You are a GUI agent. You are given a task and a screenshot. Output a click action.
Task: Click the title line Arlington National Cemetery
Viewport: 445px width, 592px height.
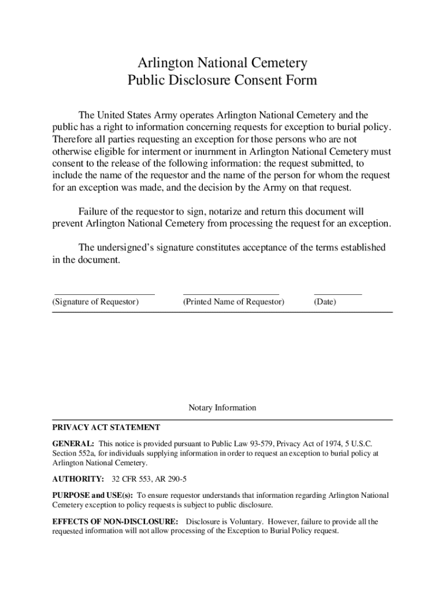point(222,62)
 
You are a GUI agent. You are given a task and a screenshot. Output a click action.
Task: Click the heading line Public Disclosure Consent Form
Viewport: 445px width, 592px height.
point(222,80)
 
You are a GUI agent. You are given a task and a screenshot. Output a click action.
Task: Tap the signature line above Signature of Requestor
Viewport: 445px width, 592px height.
point(104,295)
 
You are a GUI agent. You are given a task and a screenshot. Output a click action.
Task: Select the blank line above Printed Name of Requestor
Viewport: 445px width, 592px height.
point(231,295)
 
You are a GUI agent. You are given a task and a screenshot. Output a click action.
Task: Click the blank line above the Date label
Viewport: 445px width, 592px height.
point(338,295)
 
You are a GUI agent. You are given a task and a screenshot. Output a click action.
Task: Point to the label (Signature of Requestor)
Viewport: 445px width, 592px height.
point(95,302)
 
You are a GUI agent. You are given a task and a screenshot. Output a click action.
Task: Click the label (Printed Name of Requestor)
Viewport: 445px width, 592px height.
point(233,302)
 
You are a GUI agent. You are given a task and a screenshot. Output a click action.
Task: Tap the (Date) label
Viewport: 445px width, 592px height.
point(325,302)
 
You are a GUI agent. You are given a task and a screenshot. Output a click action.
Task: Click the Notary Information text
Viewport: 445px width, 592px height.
point(222,408)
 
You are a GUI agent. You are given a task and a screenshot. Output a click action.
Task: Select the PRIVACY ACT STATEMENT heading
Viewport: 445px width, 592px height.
point(106,428)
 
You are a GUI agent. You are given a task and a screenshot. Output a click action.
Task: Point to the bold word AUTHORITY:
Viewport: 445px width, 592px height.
point(78,480)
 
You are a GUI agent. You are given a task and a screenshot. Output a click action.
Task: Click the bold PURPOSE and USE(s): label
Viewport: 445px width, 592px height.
point(92,495)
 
